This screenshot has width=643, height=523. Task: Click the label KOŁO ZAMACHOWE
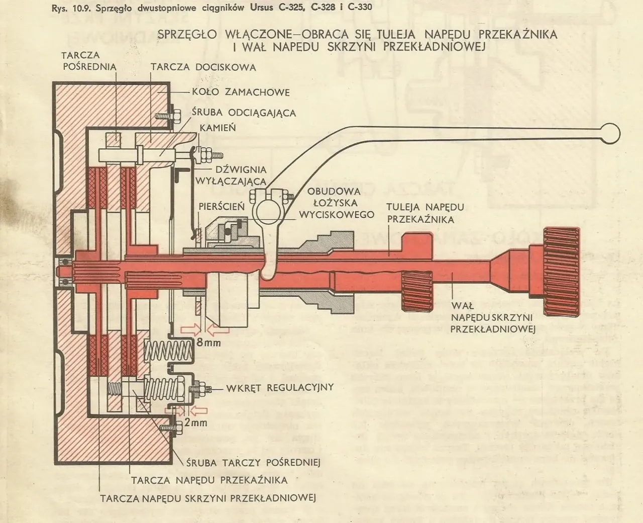coord(241,93)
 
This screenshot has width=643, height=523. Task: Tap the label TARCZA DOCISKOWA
coord(203,67)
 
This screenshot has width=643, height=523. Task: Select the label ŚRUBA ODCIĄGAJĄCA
coord(245,113)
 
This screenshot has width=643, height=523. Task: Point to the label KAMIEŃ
coord(218,128)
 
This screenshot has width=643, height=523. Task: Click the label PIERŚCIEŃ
coord(222,207)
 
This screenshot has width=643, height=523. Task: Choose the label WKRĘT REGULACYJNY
coord(280,388)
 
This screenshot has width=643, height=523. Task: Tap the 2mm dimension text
coord(195,422)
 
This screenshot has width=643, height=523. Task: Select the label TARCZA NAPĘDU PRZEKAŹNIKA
coord(209,480)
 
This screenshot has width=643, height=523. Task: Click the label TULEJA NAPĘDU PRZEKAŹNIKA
coord(421,213)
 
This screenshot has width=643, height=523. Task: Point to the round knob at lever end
coord(612,133)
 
